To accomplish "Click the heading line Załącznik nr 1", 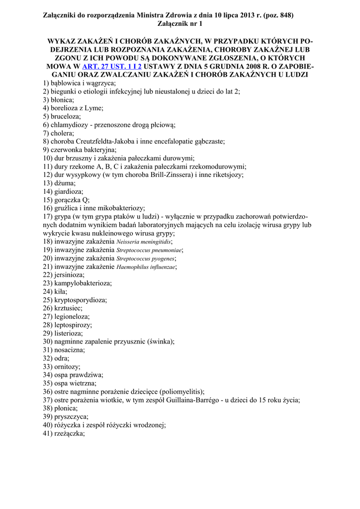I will click(x=180, y=24).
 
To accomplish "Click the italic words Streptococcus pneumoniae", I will click(x=149, y=251).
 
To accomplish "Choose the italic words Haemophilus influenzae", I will click(x=146, y=267).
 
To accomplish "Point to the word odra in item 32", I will click(x=61, y=358).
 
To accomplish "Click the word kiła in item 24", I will click(x=61, y=291).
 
